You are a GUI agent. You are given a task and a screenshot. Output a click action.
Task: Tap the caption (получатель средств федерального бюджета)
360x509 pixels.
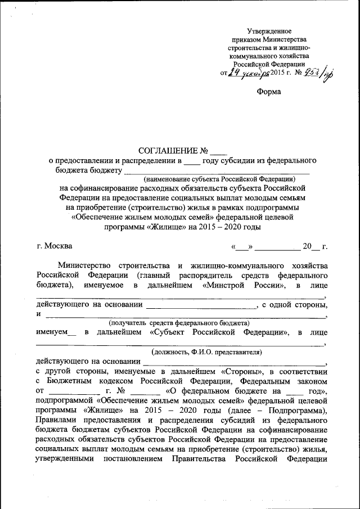178,323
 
